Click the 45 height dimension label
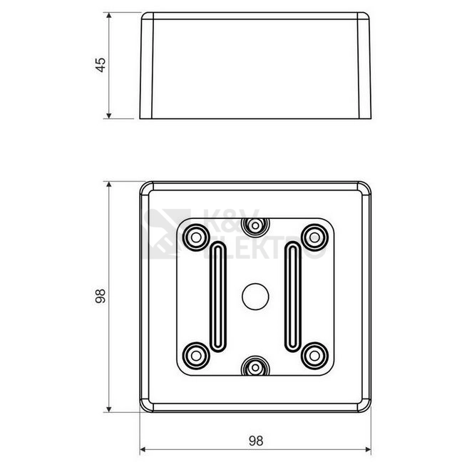coord(101,65)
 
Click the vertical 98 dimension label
coord(101,296)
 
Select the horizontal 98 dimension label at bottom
coord(256,441)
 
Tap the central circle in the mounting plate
coord(255,297)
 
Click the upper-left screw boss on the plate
coord(196,237)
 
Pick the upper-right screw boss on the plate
coord(315,237)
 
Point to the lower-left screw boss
coord(196,356)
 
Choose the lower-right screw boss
coord(315,356)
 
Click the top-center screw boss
coord(255,226)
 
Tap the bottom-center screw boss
coord(255,366)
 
